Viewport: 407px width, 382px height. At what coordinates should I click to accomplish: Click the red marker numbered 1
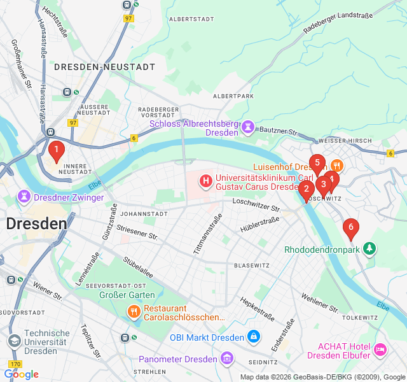[x=56, y=152]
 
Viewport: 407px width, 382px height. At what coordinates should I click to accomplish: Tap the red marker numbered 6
[x=350, y=228]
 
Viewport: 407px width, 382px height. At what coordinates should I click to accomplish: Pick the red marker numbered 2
[x=306, y=189]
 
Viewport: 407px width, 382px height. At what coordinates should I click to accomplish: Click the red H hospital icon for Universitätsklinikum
[x=206, y=181]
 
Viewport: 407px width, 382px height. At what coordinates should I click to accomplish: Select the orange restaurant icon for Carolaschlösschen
[x=134, y=311]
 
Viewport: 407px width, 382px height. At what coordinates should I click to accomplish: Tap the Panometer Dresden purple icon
[x=226, y=359]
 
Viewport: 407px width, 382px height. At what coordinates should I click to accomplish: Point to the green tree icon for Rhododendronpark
[x=369, y=249]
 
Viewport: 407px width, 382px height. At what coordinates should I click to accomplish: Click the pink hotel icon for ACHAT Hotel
[x=380, y=349]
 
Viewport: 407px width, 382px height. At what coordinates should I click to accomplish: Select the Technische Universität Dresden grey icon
[x=13, y=341]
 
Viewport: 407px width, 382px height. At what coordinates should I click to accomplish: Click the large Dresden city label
[x=36, y=223]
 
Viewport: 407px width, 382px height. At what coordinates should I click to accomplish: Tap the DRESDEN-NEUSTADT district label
[x=104, y=66]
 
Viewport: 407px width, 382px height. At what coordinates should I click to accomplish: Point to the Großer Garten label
[x=127, y=295]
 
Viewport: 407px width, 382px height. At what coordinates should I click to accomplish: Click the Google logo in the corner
[x=21, y=374]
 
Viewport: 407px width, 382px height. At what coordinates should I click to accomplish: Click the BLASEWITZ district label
[x=252, y=265]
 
